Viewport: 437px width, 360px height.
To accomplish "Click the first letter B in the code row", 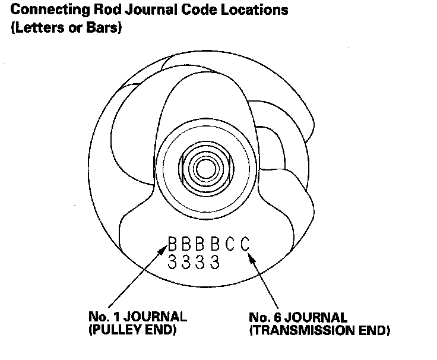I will coord(173,244).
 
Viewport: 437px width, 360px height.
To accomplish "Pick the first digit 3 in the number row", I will coord(173,261).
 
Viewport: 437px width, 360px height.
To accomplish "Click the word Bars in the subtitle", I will coord(106,28).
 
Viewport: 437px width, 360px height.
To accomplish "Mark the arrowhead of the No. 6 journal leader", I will coord(252,257).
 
